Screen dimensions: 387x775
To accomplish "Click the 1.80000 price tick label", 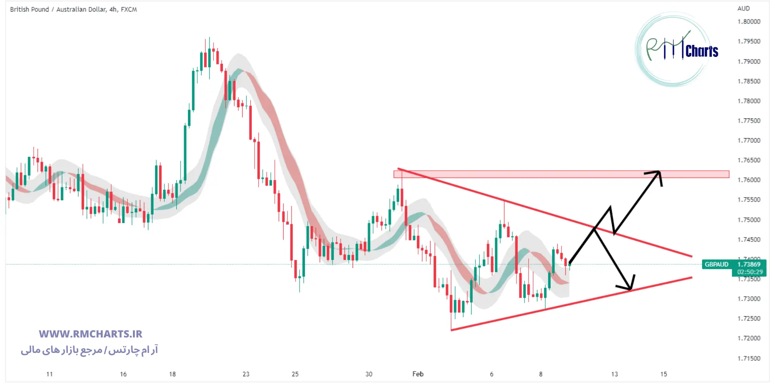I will tap(749, 22).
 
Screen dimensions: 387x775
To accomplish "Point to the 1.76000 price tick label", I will tap(749, 180).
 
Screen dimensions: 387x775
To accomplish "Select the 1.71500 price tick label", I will tap(749, 358).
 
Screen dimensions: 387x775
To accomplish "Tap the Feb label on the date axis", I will tap(418, 374).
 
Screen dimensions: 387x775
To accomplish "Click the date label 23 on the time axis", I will tap(246, 374).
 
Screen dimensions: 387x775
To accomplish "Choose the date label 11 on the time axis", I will tap(49, 374).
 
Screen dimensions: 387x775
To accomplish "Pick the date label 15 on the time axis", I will tap(664, 374).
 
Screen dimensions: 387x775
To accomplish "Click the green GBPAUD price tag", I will tap(716, 264).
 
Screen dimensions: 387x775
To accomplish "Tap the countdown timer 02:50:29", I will tap(750, 272).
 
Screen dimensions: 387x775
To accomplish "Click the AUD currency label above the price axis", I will tap(743, 9).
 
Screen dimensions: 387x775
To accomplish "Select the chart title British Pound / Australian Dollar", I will tap(73, 9).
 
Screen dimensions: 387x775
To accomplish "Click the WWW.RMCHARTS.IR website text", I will tap(90, 334).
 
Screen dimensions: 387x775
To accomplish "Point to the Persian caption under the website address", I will tap(90, 350).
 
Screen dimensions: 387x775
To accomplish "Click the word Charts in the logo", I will tap(702, 51).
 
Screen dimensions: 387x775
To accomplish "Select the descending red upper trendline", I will tap(542, 212).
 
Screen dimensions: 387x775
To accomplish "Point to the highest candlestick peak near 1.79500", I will tap(209, 38).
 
